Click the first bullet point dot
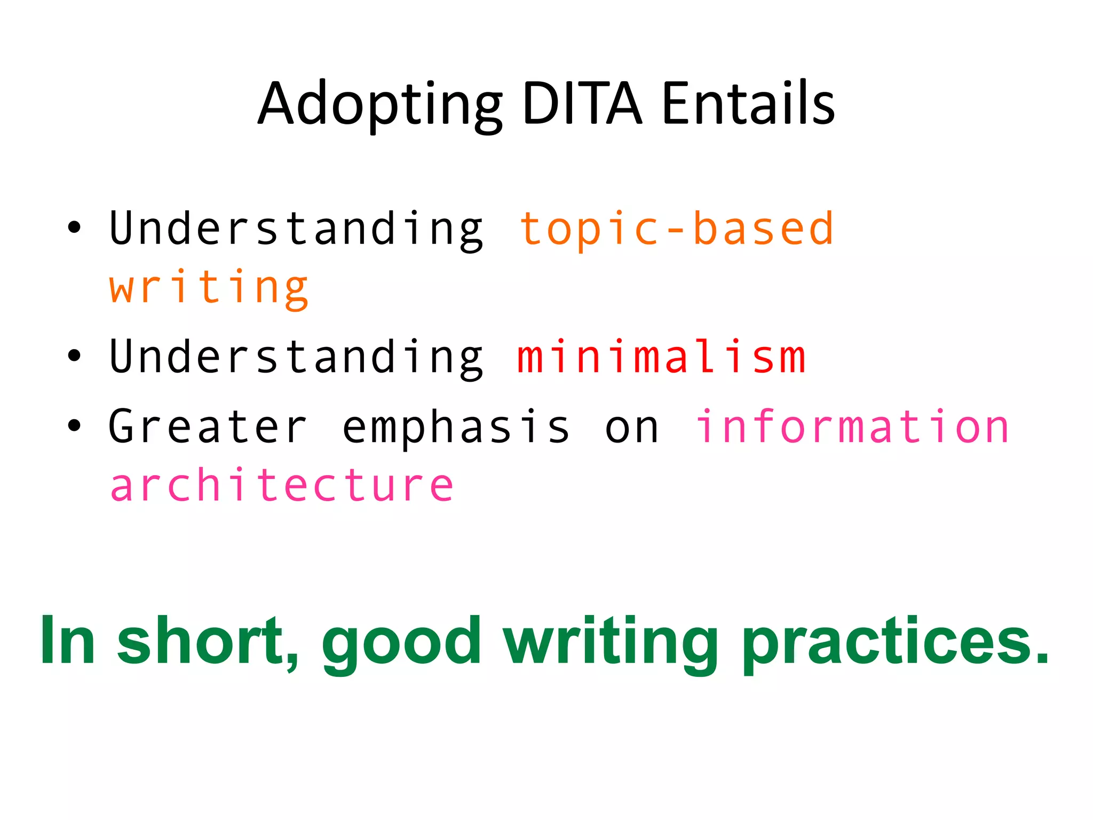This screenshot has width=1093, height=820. click(x=74, y=227)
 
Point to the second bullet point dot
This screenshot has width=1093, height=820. click(x=74, y=356)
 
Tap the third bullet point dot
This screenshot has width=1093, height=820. click(x=74, y=425)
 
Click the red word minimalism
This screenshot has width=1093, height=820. click(x=661, y=357)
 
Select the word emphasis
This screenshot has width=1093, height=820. click(x=456, y=427)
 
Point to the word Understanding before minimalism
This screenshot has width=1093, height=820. click(x=296, y=357)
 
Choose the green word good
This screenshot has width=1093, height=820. click(x=401, y=641)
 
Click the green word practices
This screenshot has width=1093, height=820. click(x=895, y=641)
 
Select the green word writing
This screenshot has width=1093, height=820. click(x=611, y=641)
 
